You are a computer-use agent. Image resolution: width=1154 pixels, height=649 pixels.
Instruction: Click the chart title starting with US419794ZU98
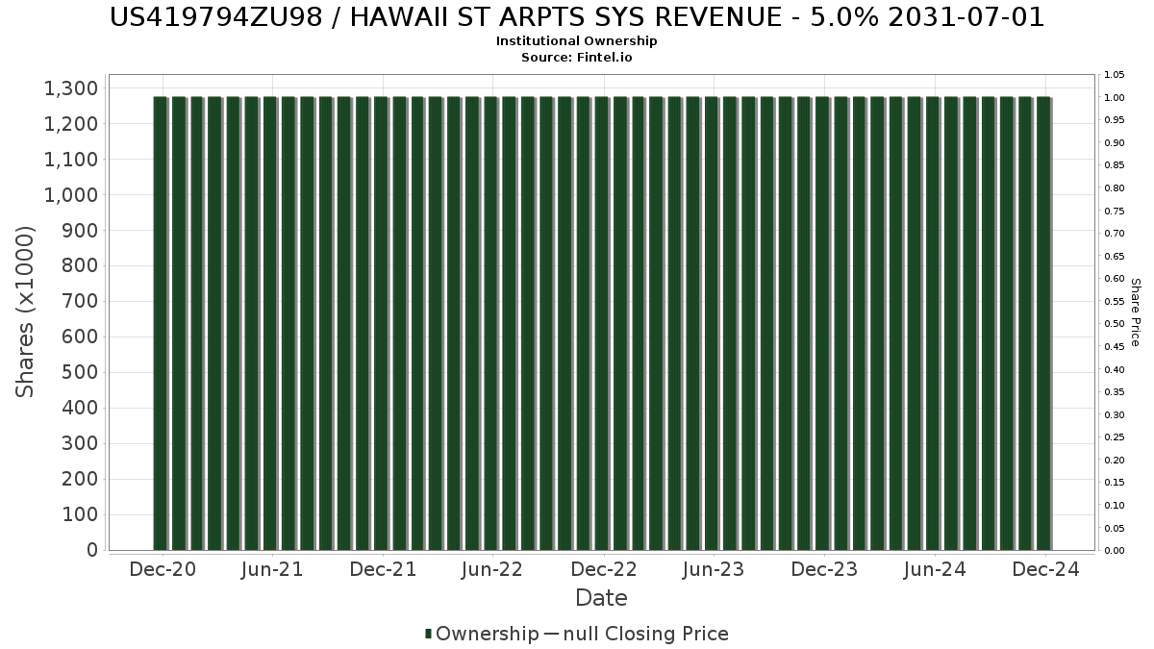pos(577,17)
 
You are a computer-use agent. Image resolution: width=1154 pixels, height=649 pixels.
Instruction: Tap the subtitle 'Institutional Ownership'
pos(577,41)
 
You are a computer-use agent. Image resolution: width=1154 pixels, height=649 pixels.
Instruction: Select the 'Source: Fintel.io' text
pos(577,57)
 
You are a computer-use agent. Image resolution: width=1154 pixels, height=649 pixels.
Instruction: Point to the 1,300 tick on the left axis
pos(71,88)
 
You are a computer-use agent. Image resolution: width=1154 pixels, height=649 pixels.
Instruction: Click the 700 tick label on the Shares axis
pos(80,302)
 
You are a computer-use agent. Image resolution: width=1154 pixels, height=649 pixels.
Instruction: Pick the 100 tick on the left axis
pos(80,515)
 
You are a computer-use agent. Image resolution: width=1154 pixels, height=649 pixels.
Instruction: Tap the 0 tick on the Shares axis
pos(92,550)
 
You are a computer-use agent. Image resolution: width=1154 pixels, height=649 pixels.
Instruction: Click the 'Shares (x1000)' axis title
pos(26,312)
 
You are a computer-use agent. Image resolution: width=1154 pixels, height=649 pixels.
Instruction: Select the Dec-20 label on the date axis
pos(163,569)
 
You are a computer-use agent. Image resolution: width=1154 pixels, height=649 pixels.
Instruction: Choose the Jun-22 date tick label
pos(492,569)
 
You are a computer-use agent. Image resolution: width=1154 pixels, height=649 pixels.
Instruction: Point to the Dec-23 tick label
pos(824,569)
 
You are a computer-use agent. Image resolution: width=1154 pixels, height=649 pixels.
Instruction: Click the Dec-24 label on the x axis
pos(1046,569)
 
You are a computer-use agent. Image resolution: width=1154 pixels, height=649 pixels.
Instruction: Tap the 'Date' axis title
pos(601,598)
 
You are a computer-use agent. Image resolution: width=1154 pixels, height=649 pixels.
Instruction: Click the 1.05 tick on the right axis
pos(1115,75)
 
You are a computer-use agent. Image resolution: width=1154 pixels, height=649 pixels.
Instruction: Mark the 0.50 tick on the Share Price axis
pos(1115,324)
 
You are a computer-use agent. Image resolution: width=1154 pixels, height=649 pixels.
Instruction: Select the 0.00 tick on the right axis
pos(1115,551)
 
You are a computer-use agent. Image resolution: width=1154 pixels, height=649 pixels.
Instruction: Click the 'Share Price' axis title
pos(1135,312)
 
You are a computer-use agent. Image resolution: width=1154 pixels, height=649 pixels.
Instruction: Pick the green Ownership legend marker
pos(429,634)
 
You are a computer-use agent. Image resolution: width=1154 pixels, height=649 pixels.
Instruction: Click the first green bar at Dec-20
pos(160,323)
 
